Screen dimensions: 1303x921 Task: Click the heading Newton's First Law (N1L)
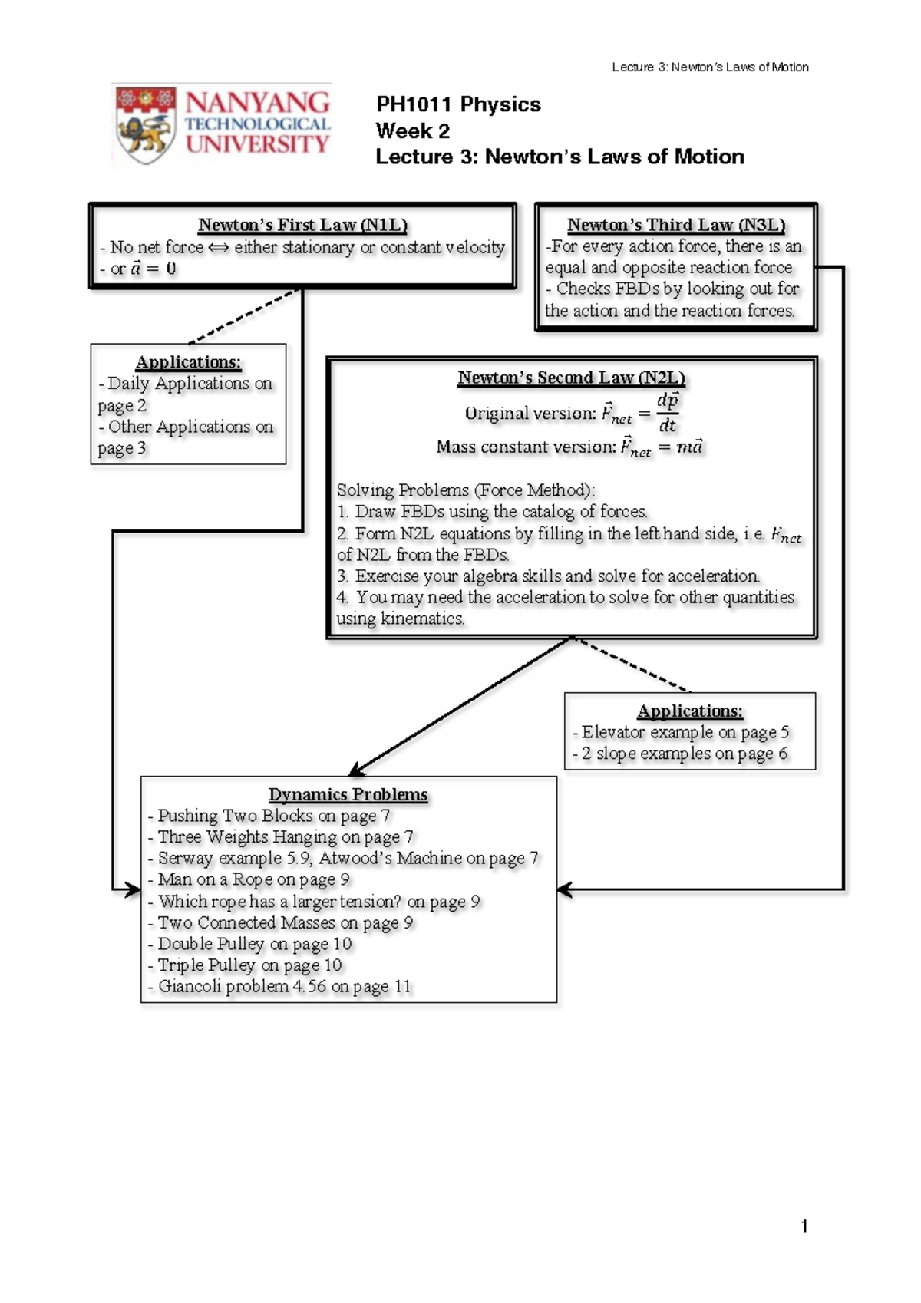(302, 225)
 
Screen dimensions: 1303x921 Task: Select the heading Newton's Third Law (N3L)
(676, 225)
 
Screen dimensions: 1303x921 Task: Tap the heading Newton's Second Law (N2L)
(571, 378)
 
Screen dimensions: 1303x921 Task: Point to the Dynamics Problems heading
(348, 794)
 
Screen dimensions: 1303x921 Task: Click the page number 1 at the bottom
(804, 1226)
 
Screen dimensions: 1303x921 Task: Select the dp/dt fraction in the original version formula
(668, 412)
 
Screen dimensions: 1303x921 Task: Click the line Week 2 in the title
(412, 130)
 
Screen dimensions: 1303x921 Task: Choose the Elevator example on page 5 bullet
(681, 732)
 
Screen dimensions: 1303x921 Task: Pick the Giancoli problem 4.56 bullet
(280, 986)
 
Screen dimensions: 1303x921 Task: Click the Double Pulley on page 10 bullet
(250, 944)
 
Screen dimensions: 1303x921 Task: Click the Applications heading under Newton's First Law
(188, 361)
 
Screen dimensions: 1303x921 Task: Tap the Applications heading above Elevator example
(689, 711)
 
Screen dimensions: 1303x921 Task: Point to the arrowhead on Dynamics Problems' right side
(564, 890)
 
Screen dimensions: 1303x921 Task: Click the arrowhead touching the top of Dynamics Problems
(356, 770)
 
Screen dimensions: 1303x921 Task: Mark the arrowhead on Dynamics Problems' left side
(133, 890)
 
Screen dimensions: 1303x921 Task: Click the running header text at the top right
(710, 67)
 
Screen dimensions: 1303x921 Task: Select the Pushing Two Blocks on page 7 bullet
(269, 816)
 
